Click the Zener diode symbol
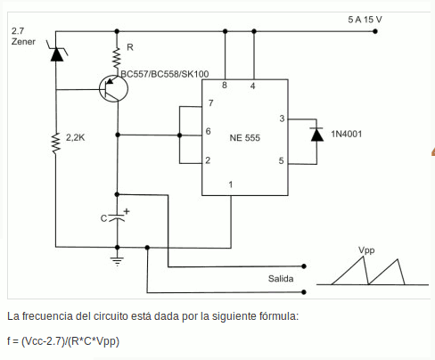click(56, 52)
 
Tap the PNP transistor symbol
click(113, 88)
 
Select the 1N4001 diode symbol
click(316, 135)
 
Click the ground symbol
click(118, 261)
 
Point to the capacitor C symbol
click(118, 217)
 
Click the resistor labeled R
click(117, 58)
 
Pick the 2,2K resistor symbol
click(56, 143)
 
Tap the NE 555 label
click(245, 138)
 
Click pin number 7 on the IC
click(210, 103)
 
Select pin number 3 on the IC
click(282, 119)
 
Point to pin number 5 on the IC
click(281, 160)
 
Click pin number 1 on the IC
click(231, 184)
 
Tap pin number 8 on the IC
click(225, 86)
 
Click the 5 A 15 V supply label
click(365, 20)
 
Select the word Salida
click(281, 279)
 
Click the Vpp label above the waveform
click(366, 250)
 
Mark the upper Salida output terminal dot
click(304, 266)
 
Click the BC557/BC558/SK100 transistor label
click(165, 74)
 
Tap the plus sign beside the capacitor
click(127, 211)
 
